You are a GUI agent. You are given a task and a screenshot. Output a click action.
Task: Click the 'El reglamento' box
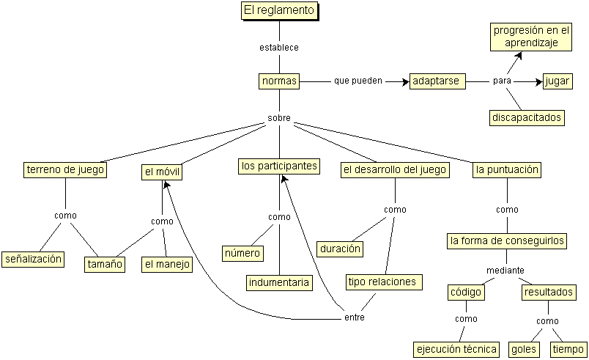(x=279, y=10)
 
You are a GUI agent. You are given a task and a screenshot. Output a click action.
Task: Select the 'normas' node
(x=279, y=81)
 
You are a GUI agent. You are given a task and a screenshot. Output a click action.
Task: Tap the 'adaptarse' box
(x=437, y=81)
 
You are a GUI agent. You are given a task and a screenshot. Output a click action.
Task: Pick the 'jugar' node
(x=557, y=81)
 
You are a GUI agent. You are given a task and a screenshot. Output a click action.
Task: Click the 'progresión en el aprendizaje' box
(x=531, y=37)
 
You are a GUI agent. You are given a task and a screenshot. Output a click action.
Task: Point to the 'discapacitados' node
(x=527, y=117)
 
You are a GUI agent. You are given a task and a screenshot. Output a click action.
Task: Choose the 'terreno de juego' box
(x=65, y=170)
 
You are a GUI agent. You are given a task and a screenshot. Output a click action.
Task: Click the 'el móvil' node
(x=162, y=172)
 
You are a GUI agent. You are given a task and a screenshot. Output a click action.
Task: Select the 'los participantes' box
(x=279, y=166)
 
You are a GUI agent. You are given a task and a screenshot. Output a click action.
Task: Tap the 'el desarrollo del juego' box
(x=395, y=170)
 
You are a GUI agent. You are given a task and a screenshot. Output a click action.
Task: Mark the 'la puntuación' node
(x=507, y=170)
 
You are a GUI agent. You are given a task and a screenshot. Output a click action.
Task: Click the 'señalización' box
(x=33, y=260)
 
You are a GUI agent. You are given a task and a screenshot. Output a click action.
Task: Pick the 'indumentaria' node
(x=279, y=282)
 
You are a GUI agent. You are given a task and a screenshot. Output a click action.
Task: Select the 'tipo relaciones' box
(x=384, y=282)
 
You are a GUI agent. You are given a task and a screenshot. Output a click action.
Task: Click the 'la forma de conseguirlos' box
(x=507, y=241)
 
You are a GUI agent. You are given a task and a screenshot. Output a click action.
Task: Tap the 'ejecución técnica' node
(x=456, y=350)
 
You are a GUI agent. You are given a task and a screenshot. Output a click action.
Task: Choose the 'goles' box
(x=524, y=350)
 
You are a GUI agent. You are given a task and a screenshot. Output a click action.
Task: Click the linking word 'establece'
(x=279, y=48)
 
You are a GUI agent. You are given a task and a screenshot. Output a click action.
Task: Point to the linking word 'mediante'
(x=505, y=271)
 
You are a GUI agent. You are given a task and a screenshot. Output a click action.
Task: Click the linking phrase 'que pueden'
(x=358, y=81)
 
